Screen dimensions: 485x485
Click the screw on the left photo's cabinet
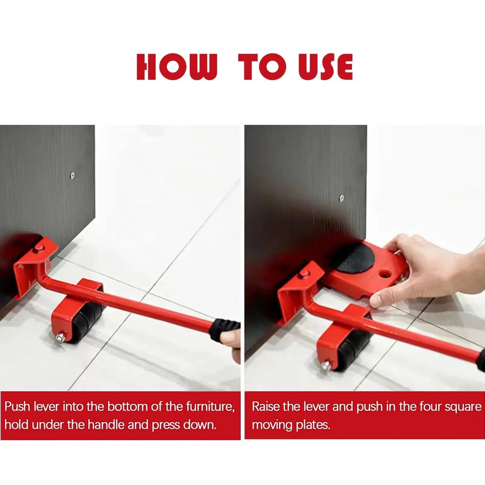tap(72, 175)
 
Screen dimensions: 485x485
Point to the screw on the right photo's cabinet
tap(342, 198)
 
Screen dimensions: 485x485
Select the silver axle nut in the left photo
tap(60, 337)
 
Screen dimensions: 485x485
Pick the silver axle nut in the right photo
tap(325, 365)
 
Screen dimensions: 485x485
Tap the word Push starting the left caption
tap(17, 406)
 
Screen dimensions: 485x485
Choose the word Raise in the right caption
tap(266, 406)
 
